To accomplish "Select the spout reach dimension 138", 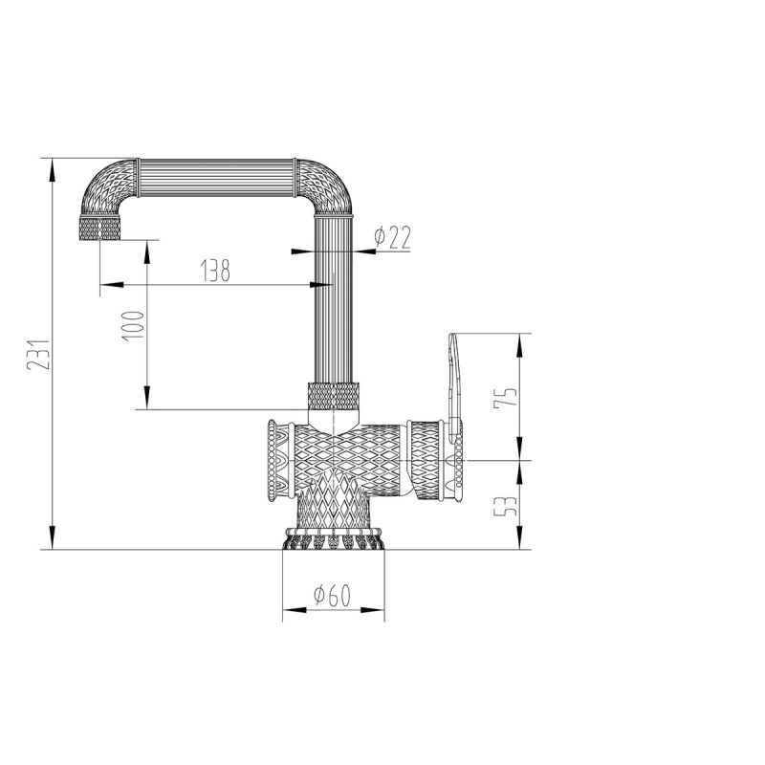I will click(214, 271).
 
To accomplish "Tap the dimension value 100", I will click(133, 325).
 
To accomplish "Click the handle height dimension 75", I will click(509, 394).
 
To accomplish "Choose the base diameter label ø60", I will click(332, 595).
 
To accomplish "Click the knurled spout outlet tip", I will click(99, 229).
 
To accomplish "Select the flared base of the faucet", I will click(332, 539).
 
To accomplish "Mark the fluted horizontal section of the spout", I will click(220, 176).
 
